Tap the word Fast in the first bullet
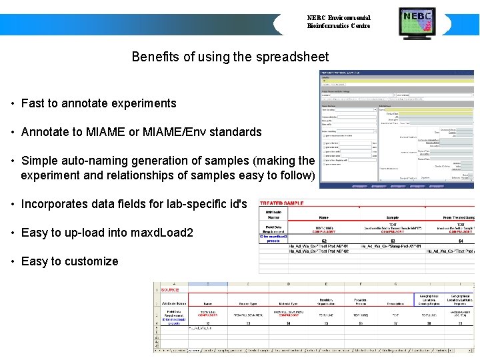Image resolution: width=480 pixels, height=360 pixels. pos(33,103)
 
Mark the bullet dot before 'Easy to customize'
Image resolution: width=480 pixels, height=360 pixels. pos(13,261)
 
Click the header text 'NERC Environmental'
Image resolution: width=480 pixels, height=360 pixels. pos(338,18)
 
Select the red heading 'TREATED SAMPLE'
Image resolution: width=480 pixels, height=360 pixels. pos(282,202)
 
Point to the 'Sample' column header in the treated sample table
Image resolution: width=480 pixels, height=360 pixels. pos(393,217)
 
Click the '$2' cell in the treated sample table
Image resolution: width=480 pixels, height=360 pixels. pos(324,241)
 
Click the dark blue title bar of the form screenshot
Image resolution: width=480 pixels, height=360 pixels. pos(397,73)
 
